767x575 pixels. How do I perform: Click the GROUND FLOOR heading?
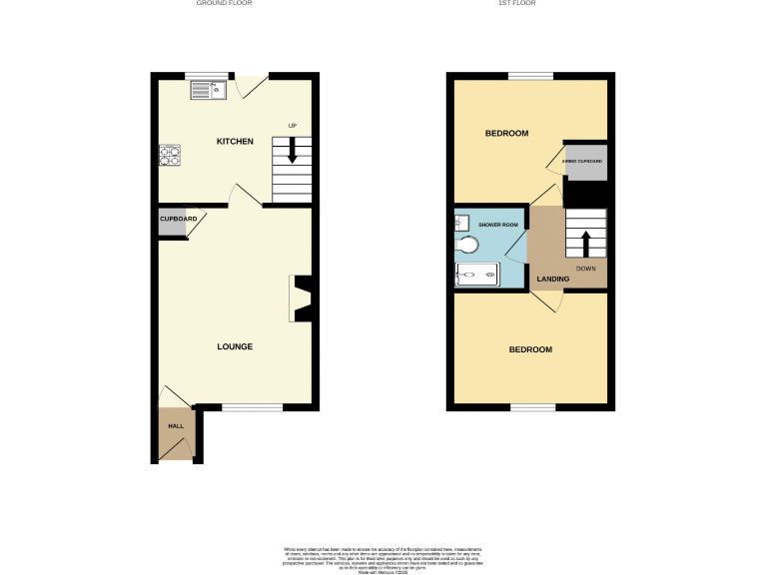tap(224, 4)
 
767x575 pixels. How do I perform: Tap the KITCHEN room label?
tap(235, 142)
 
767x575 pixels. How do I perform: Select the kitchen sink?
tap(210, 90)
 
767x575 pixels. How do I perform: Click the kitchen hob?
tap(169, 156)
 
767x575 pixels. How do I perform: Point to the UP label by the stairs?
tap(293, 125)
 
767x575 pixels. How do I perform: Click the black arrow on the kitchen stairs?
tap(293, 150)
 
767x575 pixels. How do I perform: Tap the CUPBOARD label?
tap(178, 219)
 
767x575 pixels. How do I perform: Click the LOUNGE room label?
tap(235, 346)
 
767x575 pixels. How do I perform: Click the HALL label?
tap(175, 426)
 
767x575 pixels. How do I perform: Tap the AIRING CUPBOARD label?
tap(587, 161)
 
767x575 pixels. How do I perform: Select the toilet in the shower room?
tap(467, 245)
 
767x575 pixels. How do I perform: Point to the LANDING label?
tap(552, 279)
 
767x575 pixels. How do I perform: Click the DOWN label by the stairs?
tap(586, 269)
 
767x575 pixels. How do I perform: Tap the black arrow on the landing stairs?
tap(586, 242)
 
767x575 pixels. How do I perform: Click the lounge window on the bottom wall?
tap(251, 407)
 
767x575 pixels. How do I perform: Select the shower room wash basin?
tap(462, 221)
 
